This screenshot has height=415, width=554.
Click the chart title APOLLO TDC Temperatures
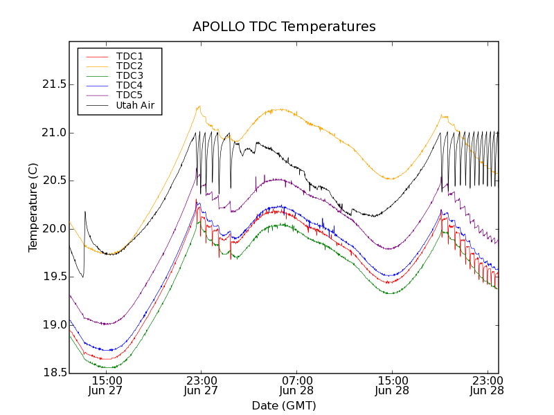coord(284,27)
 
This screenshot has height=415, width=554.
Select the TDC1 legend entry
coord(129,56)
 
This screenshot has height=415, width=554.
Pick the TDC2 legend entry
coord(129,66)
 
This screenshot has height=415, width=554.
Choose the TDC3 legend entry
coord(129,75)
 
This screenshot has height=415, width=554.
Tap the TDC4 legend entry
coord(129,85)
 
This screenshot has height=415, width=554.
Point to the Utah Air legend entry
coord(134,105)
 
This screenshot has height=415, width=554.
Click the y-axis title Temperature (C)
coord(33,207)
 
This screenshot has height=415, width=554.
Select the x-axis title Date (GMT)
coord(283,405)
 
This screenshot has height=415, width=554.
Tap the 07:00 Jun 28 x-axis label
coord(296,386)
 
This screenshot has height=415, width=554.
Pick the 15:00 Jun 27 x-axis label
coord(107,386)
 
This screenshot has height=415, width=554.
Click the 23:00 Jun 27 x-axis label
coord(201,386)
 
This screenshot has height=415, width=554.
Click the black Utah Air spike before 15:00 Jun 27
coord(85,214)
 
